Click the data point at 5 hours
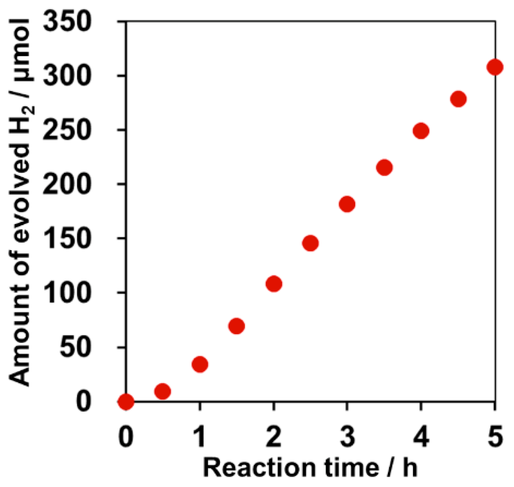(495, 67)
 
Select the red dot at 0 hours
(126, 402)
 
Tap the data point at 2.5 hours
(310, 243)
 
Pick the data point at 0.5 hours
(162, 391)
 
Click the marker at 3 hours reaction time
(347, 204)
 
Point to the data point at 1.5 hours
(237, 326)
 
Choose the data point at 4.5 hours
(458, 99)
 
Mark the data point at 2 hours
(274, 284)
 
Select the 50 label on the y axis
(76, 347)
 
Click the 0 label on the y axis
(84, 402)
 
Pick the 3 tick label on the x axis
(347, 436)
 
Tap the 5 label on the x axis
(495, 436)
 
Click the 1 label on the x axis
(200, 436)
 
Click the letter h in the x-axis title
(409, 467)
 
